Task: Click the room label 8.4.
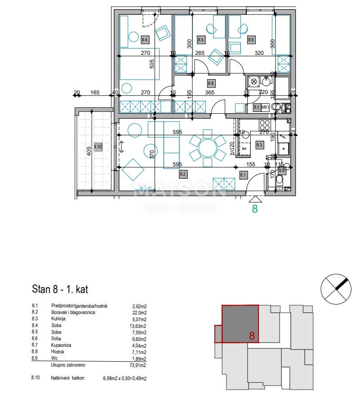tap(145, 39)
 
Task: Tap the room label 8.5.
tap(201, 40)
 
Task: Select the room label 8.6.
tap(251, 40)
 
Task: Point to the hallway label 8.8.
tap(211, 83)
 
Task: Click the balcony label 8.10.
tap(98, 146)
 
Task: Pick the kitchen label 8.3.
tap(259, 145)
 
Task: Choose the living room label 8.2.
tap(183, 173)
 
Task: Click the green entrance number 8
tap(255, 208)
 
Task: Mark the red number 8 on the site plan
tap(252, 336)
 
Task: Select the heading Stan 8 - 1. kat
tap(63, 288)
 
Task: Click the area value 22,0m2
tap(139, 312)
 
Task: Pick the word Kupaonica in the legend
tap(62, 345)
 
